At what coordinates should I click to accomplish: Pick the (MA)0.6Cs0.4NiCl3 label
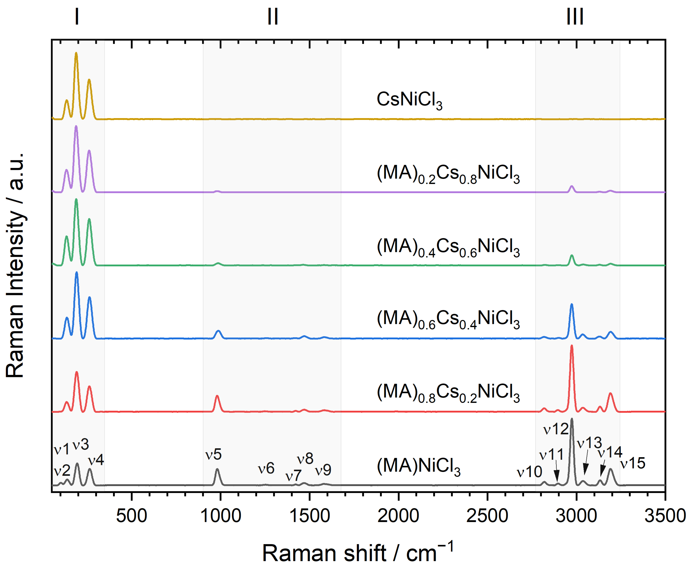(x=448, y=319)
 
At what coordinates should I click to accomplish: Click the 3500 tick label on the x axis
(x=665, y=516)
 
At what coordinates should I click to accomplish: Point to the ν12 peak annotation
(x=556, y=429)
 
